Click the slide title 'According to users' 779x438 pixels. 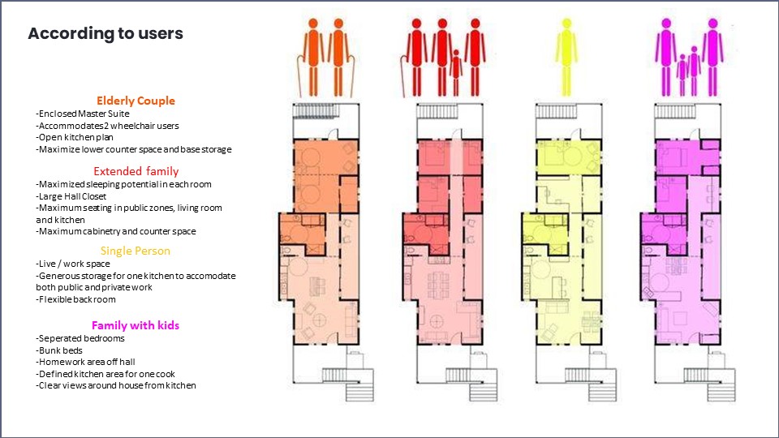click(105, 34)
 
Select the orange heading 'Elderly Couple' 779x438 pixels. click(136, 101)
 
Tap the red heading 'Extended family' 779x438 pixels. click(136, 171)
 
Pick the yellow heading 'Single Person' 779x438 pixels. click(136, 251)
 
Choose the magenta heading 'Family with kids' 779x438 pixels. click(136, 325)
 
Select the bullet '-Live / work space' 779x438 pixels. click(73, 264)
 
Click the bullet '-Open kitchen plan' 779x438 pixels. click(75, 137)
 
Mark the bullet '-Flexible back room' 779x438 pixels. click(76, 298)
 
